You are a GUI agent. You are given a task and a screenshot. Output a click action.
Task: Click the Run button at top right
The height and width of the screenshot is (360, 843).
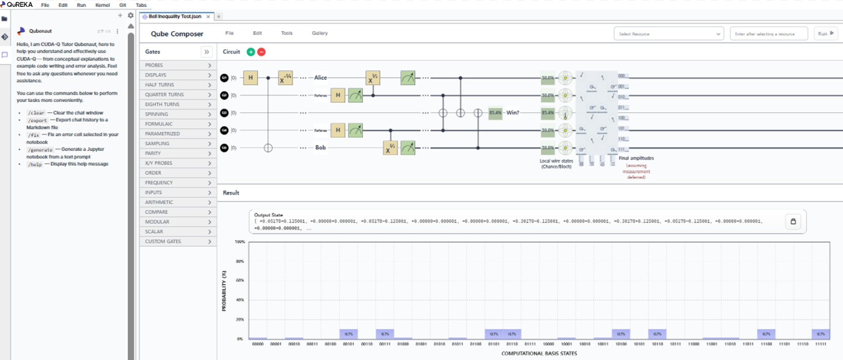pyautogui.click(x=825, y=34)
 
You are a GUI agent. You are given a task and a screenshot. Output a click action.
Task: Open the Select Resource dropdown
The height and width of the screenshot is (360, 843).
pyautogui.click(x=668, y=34)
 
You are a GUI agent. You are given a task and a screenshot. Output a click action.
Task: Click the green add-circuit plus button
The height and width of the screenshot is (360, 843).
pyautogui.click(x=251, y=52)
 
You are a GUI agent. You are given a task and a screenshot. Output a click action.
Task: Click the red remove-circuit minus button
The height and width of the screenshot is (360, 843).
pyautogui.click(x=262, y=52)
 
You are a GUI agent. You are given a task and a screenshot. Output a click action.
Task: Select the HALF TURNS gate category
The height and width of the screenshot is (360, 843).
pyautogui.click(x=178, y=85)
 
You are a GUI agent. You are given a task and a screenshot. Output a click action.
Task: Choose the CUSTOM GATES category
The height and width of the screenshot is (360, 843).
pyautogui.click(x=178, y=241)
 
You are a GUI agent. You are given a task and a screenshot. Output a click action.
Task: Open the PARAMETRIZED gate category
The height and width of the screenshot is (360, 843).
pyautogui.click(x=178, y=133)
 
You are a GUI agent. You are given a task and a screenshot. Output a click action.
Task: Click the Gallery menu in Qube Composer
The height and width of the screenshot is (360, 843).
pyautogui.click(x=319, y=33)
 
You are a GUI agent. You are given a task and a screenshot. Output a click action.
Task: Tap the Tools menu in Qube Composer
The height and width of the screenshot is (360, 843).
pyautogui.click(x=287, y=33)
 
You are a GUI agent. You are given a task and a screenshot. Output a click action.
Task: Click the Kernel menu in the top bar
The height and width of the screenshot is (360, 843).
pyautogui.click(x=103, y=5)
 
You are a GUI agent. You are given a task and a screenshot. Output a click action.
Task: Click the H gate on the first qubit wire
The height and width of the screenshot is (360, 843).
pyautogui.click(x=251, y=78)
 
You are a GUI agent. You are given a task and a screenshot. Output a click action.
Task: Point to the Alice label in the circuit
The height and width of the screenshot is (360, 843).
pyautogui.click(x=320, y=78)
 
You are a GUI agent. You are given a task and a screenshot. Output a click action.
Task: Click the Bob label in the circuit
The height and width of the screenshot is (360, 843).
pyautogui.click(x=320, y=148)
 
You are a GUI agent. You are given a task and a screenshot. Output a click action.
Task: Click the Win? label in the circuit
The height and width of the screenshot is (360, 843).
pyautogui.click(x=513, y=113)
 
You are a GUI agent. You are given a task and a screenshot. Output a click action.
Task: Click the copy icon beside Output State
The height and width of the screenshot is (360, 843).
pyautogui.click(x=793, y=221)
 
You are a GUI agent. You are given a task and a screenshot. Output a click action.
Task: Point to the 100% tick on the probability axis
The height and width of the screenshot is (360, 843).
pyautogui.click(x=240, y=242)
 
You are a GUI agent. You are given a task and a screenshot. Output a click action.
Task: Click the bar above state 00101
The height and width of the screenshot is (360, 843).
pyautogui.click(x=349, y=334)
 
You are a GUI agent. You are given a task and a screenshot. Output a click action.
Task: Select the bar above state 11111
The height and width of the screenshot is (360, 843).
pyautogui.click(x=821, y=334)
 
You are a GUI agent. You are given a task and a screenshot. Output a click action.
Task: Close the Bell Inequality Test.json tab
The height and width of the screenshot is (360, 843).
pyautogui.click(x=208, y=17)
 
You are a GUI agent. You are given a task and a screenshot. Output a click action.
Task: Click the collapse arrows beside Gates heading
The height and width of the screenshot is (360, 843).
pyautogui.click(x=207, y=52)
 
